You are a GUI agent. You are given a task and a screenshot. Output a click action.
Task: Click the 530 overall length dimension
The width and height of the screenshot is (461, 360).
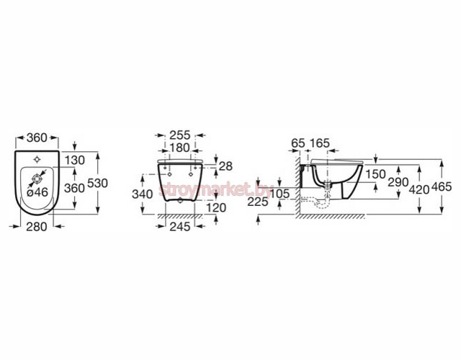[x=98, y=184]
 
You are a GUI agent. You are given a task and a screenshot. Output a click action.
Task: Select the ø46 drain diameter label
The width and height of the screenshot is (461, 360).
[x=37, y=192]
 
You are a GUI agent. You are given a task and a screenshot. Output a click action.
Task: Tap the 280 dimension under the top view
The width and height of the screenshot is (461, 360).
[x=37, y=227]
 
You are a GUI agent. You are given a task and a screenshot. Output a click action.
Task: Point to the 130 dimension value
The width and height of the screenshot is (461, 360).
[x=75, y=161]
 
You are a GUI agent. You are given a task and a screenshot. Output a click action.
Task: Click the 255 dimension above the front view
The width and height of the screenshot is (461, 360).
[x=180, y=135]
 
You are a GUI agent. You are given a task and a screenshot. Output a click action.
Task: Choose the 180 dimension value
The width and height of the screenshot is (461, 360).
[x=180, y=148]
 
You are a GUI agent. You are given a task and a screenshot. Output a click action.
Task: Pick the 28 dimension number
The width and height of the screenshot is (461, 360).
[x=225, y=166]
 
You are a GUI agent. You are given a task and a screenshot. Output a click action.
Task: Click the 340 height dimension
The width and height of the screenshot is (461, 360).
[x=143, y=194]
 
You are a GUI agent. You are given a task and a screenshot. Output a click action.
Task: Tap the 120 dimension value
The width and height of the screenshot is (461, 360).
[x=216, y=208]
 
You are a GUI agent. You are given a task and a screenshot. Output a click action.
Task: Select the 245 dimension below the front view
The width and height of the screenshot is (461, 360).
[x=180, y=227]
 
